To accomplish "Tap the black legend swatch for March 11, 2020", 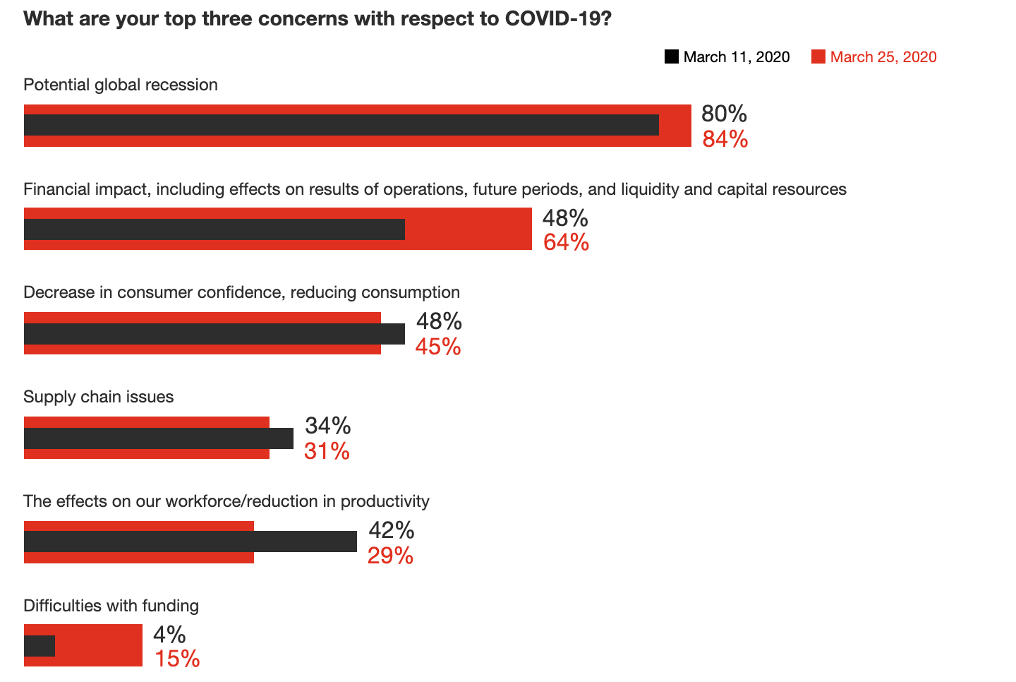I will pyautogui.click(x=672, y=56).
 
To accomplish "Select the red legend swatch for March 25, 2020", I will pyautogui.click(x=818, y=56).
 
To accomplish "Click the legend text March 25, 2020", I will pyautogui.click(x=883, y=57).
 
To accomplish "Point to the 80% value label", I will pyautogui.click(x=724, y=114).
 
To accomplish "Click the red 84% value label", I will pyautogui.click(x=725, y=139).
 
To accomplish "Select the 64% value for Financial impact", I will pyautogui.click(x=566, y=242).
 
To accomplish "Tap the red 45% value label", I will pyautogui.click(x=438, y=347).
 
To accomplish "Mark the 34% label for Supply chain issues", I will pyautogui.click(x=327, y=426).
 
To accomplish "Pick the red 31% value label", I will pyautogui.click(x=327, y=451).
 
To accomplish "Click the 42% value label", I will pyautogui.click(x=392, y=530).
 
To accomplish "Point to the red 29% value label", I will pyautogui.click(x=390, y=556).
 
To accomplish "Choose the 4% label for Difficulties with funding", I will pyautogui.click(x=169, y=634).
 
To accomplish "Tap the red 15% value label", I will pyautogui.click(x=177, y=659).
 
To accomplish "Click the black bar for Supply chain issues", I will pyautogui.click(x=159, y=438).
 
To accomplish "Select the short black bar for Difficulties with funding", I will pyautogui.click(x=40, y=646).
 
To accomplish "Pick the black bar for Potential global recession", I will pyautogui.click(x=341, y=125).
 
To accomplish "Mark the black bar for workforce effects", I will pyautogui.click(x=190, y=542).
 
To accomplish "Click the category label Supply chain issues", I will pyautogui.click(x=99, y=397).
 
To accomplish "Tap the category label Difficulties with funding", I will pyautogui.click(x=111, y=606).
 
